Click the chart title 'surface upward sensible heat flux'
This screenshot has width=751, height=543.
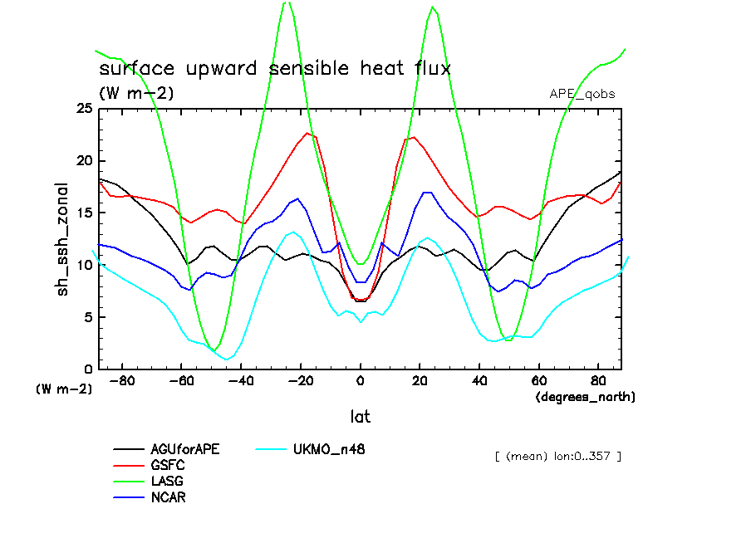click(x=275, y=68)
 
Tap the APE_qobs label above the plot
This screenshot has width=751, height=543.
click(x=582, y=94)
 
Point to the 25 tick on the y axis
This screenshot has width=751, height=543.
click(x=85, y=109)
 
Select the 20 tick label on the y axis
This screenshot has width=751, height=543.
click(x=85, y=161)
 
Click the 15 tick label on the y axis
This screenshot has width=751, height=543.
click(x=85, y=213)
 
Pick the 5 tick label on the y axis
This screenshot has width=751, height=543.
click(x=88, y=317)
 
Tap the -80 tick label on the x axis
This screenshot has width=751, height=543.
click(x=122, y=383)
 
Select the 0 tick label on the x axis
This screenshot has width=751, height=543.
click(x=361, y=383)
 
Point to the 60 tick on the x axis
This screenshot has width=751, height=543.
click(x=538, y=383)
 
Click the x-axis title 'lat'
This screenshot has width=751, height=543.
click(x=360, y=416)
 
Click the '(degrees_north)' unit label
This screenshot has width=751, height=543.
click(x=585, y=398)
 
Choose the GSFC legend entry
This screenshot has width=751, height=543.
click(x=168, y=466)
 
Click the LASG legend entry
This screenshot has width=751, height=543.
click(x=168, y=482)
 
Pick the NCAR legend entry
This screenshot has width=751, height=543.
click(x=169, y=497)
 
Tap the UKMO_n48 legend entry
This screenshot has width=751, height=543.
click(x=329, y=450)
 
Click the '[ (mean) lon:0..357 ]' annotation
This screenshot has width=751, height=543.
click(x=557, y=456)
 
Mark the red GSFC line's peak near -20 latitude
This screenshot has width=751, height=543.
click(x=307, y=133)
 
